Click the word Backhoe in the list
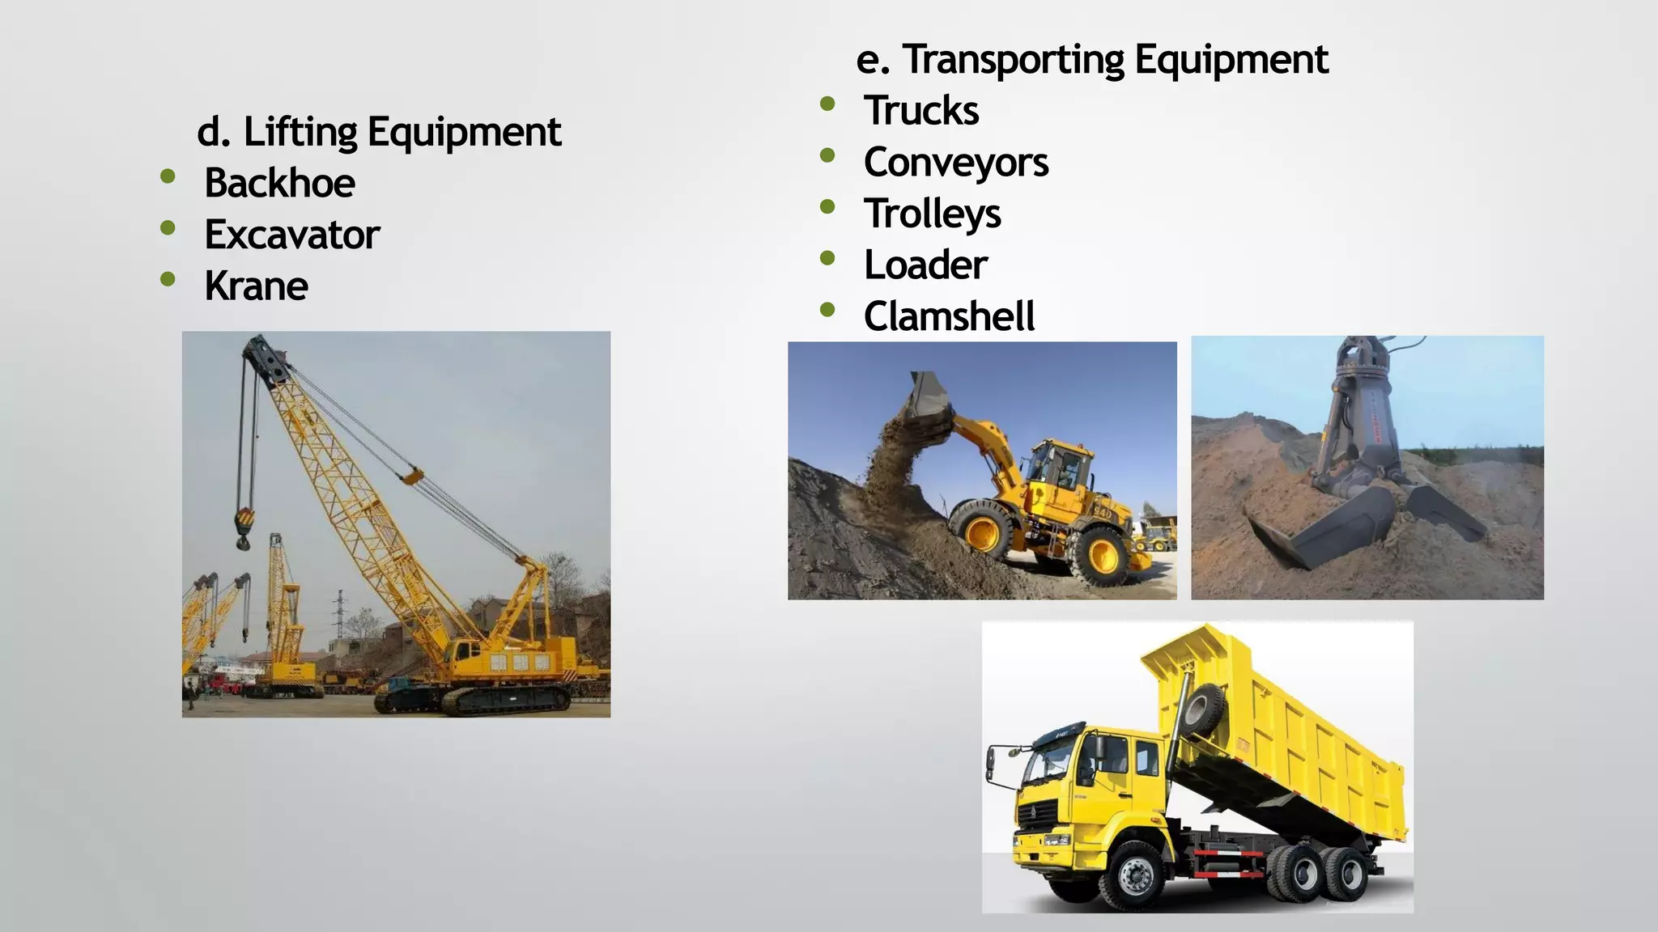tap(279, 183)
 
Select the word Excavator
tap(291, 235)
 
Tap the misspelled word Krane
tap(256, 286)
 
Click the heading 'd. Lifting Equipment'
tap(379, 132)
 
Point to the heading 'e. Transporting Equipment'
tap(1092, 59)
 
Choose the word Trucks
tap(921, 110)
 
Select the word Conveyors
tap(956, 162)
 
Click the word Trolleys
tap(933, 214)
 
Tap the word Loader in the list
tap(925, 265)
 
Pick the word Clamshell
tap(949, 316)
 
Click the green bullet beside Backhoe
tap(168, 176)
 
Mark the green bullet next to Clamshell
tap(827, 309)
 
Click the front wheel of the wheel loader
tap(983, 532)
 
